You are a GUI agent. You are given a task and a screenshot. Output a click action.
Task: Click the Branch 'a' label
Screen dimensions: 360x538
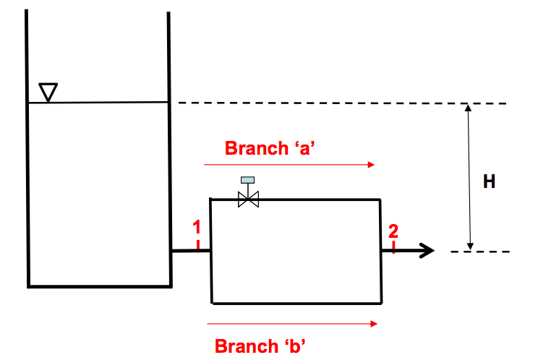[273, 148]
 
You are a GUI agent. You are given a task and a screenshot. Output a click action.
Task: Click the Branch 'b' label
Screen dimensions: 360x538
[261, 346]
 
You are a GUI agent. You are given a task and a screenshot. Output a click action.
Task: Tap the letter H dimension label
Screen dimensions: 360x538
[490, 182]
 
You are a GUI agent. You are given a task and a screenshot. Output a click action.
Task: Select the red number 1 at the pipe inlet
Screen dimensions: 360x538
[196, 228]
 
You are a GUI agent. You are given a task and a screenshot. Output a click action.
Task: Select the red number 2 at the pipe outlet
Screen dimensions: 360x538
[393, 231]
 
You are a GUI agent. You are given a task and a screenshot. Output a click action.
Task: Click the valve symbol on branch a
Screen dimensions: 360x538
[248, 199]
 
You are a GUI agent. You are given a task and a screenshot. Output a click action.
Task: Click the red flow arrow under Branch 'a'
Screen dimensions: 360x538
[289, 165]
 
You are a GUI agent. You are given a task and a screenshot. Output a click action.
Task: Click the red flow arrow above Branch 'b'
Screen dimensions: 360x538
[292, 324]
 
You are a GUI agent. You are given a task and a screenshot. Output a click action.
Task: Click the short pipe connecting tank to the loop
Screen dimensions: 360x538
[190, 251]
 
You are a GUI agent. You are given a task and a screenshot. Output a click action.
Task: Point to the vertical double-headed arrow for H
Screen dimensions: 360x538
[469, 177]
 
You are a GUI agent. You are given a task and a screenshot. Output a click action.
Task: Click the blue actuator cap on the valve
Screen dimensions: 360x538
[248, 179]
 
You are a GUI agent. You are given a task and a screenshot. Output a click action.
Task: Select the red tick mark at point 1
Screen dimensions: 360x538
[197, 244]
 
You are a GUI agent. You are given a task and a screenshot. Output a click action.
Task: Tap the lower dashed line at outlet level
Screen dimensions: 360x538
[480, 252]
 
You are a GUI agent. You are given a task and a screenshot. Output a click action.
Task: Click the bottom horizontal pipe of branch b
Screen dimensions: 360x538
[296, 302]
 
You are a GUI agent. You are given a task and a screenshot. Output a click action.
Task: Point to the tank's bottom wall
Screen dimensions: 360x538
[99, 285]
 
